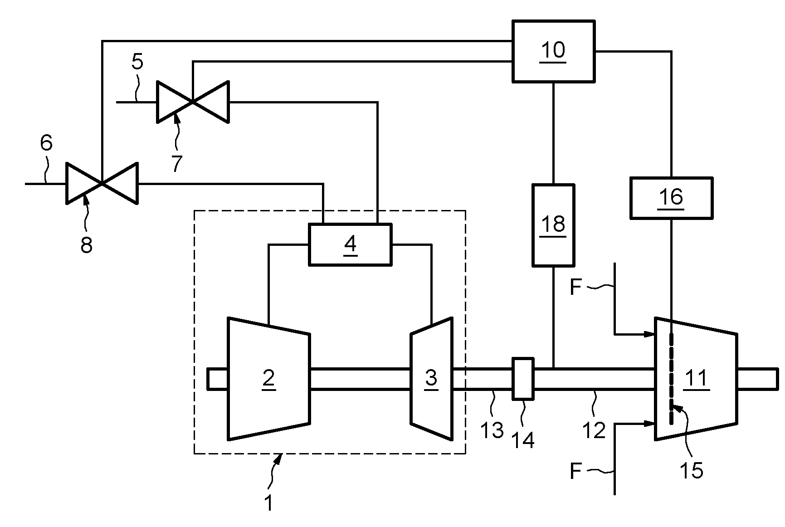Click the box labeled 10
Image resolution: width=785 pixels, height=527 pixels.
click(x=553, y=51)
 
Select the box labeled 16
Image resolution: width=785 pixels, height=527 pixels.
click(x=671, y=198)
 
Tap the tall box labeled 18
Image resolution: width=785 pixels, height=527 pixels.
click(x=553, y=225)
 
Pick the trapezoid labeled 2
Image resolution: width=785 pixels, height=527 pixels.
click(x=268, y=379)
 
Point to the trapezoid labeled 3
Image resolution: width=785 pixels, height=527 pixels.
click(x=431, y=379)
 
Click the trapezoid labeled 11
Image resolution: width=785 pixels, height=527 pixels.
click(x=696, y=379)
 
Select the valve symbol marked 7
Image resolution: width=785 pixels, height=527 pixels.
click(x=192, y=102)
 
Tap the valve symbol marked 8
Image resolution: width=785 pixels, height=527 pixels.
click(x=102, y=183)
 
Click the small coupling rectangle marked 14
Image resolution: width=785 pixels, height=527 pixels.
click(x=523, y=379)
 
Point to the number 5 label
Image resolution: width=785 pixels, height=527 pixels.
click(x=137, y=62)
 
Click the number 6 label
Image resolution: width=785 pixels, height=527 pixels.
click(x=46, y=143)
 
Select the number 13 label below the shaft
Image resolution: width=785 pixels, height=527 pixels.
click(x=492, y=429)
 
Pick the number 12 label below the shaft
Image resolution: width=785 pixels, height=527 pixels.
click(x=594, y=429)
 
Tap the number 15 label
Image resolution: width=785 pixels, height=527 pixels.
click(x=692, y=470)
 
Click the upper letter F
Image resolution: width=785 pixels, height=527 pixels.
click(x=575, y=288)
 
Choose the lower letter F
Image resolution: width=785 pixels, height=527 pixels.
click(x=575, y=472)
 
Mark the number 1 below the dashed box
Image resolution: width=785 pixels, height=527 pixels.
click(x=269, y=503)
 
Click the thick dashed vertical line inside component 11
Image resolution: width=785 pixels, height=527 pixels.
click(x=671, y=379)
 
